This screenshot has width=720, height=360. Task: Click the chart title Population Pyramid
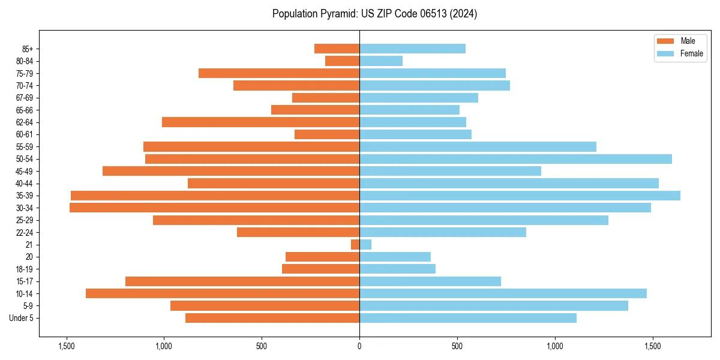(x=374, y=14)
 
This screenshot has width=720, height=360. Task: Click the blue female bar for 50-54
(x=515, y=159)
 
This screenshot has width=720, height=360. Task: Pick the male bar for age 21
(x=355, y=244)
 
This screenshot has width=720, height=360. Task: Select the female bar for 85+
(x=412, y=49)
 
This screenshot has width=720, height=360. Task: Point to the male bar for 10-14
(x=223, y=293)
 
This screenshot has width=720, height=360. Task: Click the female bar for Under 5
(x=468, y=318)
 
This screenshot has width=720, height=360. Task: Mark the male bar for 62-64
(x=260, y=122)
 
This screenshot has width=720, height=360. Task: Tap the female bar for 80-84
(x=381, y=61)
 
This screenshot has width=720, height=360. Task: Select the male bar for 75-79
(x=279, y=73)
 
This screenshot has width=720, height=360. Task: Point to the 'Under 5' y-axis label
(x=22, y=318)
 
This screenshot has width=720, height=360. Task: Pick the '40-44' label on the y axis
(x=25, y=184)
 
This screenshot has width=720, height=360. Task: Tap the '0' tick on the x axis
(x=359, y=346)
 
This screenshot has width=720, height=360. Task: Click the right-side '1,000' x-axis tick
(x=555, y=346)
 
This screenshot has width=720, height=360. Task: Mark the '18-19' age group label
(x=25, y=269)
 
